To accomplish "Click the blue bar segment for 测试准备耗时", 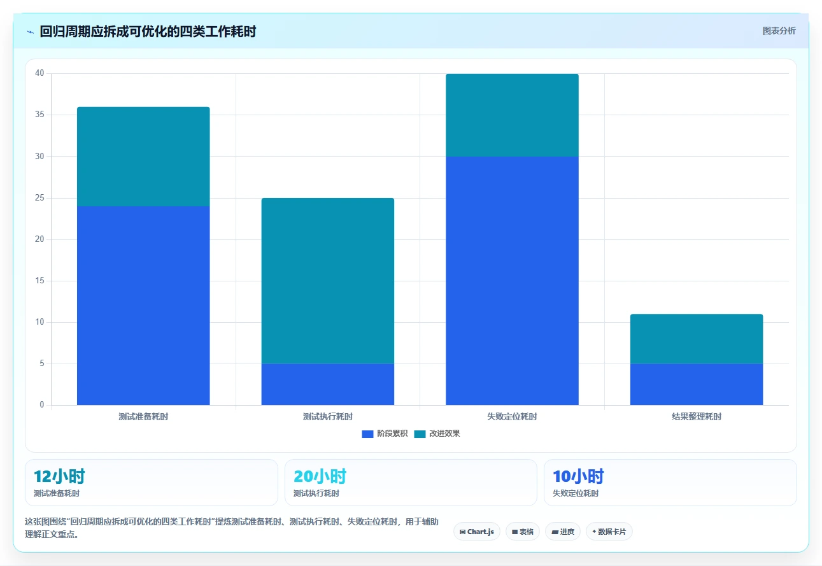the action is click(x=143, y=306).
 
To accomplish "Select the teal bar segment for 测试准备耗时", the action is click(x=143, y=157).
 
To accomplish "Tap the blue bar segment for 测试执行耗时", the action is click(x=328, y=385).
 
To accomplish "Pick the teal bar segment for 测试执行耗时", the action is click(x=328, y=281).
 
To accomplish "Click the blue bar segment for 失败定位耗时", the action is click(x=513, y=281).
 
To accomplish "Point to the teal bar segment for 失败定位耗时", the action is click(x=513, y=115).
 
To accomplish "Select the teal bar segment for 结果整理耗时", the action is click(x=697, y=339).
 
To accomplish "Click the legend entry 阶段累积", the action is click(x=385, y=434).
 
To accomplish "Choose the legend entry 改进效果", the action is click(x=437, y=434).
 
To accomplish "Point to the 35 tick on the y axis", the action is click(x=39, y=115).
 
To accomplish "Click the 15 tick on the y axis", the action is click(x=39, y=280).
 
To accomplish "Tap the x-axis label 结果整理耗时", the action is click(x=697, y=416).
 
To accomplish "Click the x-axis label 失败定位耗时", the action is click(x=513, y=416).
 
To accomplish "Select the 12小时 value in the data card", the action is click(x=59, y=476).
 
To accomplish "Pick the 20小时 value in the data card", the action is click(x=320, y=476).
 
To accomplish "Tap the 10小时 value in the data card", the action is click(x=578, y=476).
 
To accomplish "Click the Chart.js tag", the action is click(x=477, y=532).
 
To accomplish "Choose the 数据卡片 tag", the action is click(x=609, y=532).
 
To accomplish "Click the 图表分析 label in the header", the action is click(x=779, y=31).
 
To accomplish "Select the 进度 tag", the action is click(x=563, y=532).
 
